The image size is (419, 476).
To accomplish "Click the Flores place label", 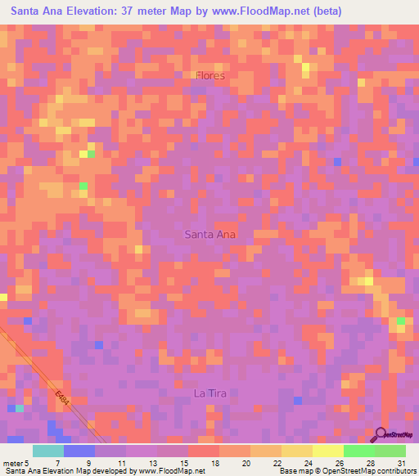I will (x=209, y=75).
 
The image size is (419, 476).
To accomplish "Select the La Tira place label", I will (x=209, y=393).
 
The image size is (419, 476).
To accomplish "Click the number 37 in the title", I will (x=158, y=11).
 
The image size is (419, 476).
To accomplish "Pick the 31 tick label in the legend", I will (x=402, y=462).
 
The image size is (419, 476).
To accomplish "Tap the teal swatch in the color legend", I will (x=47, y=451).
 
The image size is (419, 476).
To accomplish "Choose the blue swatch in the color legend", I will (x=79, y=451).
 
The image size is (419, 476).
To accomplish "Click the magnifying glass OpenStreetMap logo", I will (x=381, y=434).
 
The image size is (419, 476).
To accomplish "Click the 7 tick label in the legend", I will (x=58, y=462).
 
